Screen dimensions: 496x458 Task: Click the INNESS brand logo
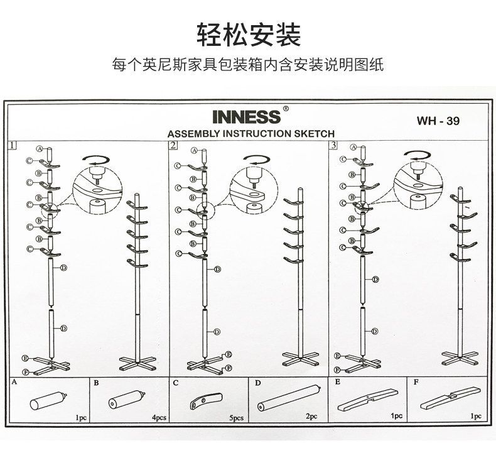[x=246, y=117]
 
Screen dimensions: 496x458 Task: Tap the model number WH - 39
[x=438, y=121]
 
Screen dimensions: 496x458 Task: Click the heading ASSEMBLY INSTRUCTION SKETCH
[x=251, y=133]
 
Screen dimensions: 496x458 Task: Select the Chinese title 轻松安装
[x=247, y=35]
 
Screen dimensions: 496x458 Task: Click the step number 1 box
[x=13, y=145]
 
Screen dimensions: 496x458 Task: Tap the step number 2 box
[x=173, y=145]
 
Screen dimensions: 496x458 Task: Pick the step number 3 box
[x=333, y=145]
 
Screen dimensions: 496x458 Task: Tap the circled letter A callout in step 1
[x=39, y=150]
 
